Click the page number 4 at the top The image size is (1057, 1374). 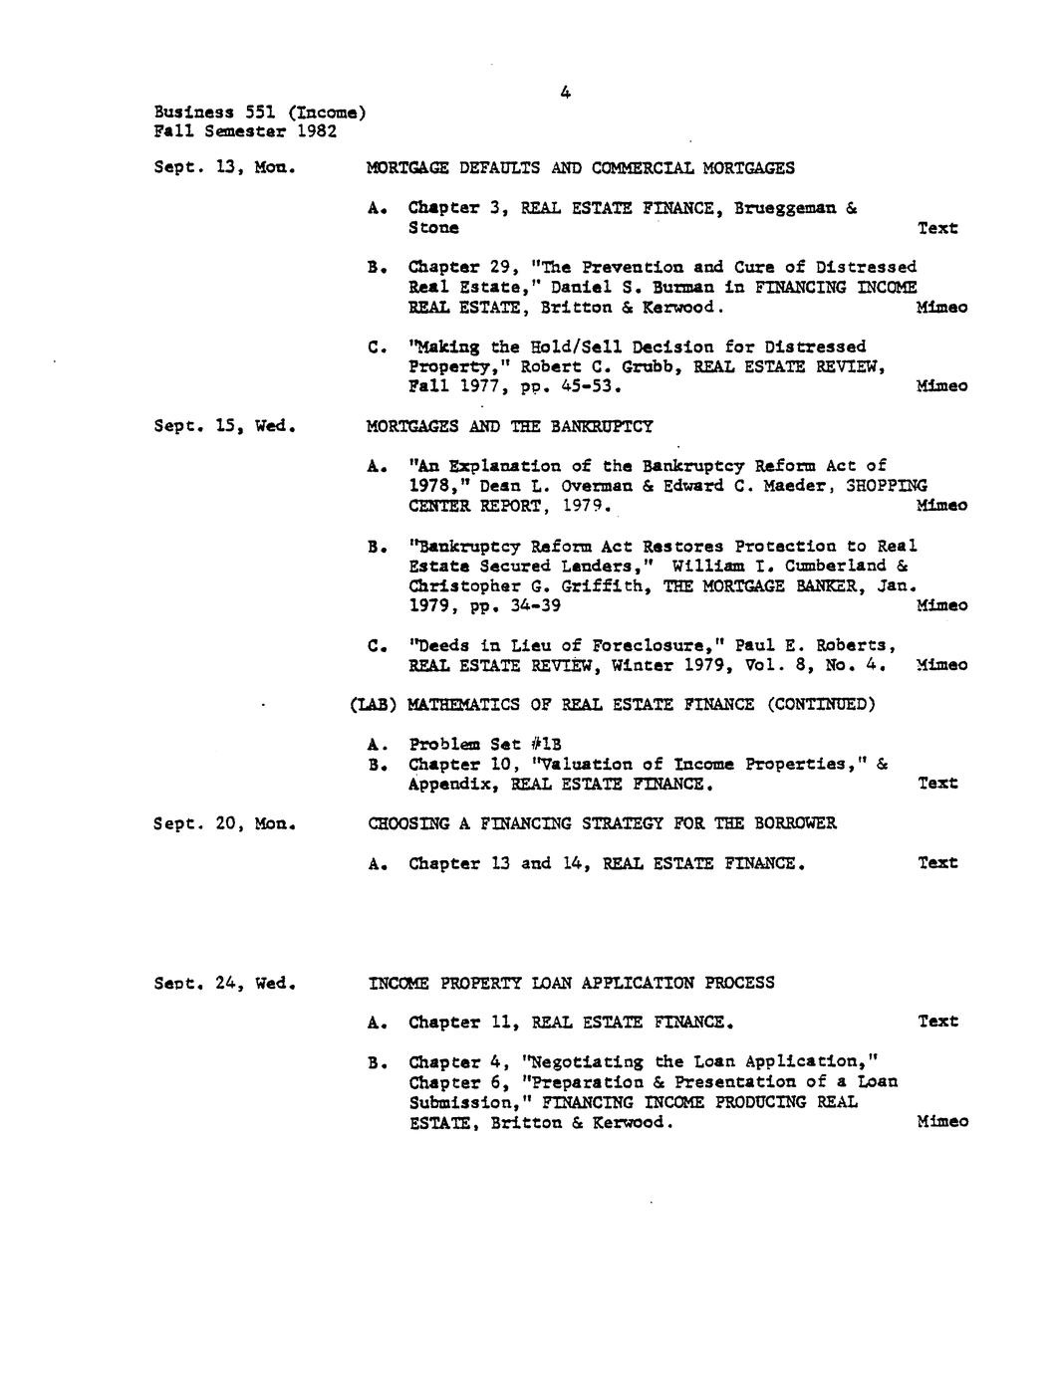click(565, 93)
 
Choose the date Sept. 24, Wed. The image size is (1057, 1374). click(225, 983)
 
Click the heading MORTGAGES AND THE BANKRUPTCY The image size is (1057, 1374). click(510, 426)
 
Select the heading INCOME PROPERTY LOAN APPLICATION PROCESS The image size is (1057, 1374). click(571, 983)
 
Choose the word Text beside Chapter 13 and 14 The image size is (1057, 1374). click(936, 863)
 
